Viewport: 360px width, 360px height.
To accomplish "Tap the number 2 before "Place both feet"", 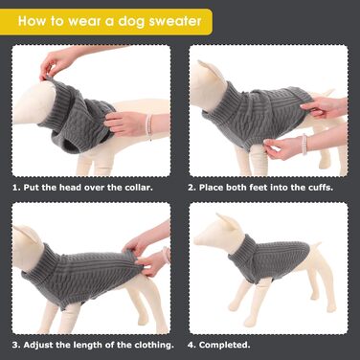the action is pos(191,188).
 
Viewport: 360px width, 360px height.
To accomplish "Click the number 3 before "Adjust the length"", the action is pos(16,345).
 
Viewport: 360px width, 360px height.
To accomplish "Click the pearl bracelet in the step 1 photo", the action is pos(148,126).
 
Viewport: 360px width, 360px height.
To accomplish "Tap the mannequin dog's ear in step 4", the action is pos(228,222).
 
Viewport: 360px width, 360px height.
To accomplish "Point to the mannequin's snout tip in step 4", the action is pos(196,240).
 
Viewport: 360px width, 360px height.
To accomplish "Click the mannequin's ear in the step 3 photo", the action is pos(26,233).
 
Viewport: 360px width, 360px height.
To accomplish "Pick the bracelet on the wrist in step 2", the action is pos(304,145).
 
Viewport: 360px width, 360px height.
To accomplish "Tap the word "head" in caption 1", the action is pos(71,187).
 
